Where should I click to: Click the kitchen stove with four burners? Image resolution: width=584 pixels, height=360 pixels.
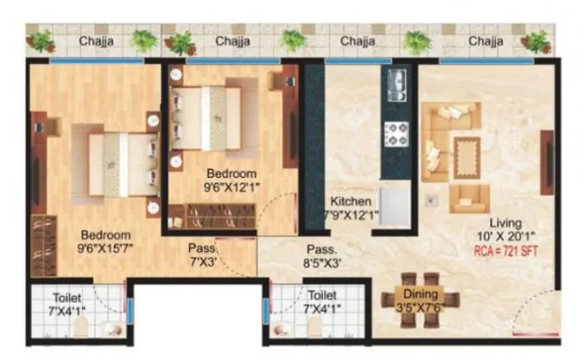click(397, 133)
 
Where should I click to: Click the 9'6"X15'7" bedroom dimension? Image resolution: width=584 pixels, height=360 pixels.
click(105, 248)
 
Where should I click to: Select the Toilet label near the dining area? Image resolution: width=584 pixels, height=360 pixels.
click(322, 294)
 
